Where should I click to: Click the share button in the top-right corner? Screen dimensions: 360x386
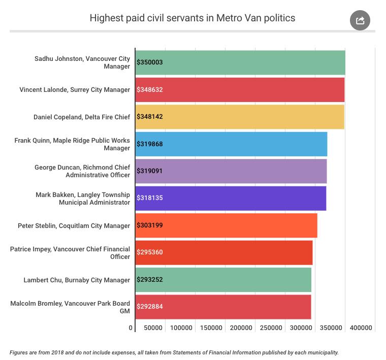pos(360,20)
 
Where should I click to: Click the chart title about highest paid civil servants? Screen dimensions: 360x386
pos(192,18)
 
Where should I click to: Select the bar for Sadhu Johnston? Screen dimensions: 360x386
pos(240,62)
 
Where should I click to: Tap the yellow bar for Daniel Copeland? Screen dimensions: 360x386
pos(240,117)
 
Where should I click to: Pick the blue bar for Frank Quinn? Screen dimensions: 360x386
pos(231,144)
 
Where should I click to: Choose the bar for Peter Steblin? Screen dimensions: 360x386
pos(226,225)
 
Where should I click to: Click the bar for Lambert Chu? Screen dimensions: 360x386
pos(223,280)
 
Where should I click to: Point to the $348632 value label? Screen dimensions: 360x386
pos(150,90)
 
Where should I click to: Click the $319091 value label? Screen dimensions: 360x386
pos(150,171)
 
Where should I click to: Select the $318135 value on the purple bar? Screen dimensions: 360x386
pos(150,198)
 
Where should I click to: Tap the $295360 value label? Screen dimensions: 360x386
pos(150,252)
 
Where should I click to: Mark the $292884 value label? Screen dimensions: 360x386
pos(150,307)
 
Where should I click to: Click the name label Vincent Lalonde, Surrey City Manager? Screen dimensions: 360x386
pos(75,90)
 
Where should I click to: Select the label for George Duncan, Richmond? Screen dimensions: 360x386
pos(82,171)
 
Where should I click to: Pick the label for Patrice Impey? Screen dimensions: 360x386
pos(70,252)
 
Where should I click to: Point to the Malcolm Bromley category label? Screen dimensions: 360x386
pos(70,307)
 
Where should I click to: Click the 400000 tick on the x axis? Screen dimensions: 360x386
pos(361,328)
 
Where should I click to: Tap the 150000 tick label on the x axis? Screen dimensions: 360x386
pos(211,328)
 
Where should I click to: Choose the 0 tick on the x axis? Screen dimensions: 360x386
pos(131,328)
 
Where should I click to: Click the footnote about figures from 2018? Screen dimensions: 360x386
pos(174,352)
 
